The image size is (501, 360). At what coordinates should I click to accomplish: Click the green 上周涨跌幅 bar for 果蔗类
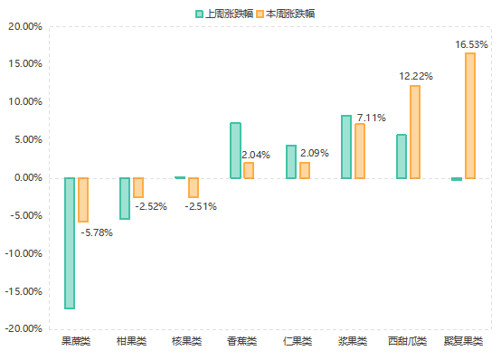(69, 242)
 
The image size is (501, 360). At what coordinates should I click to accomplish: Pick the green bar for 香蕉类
(235, 150)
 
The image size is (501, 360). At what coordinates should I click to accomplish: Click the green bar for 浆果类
(346, 147)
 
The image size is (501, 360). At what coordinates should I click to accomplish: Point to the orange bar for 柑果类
(138, 187)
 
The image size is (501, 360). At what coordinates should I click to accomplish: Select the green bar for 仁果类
(291, 161)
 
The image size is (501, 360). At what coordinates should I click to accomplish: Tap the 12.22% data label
(416, 77)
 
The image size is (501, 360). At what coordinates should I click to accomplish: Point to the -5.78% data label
(97, 233)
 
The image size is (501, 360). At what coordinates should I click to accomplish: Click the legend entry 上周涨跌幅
(223, 14)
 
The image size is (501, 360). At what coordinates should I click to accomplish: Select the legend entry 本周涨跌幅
(286, 14)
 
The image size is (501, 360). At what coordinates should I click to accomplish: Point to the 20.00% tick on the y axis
(25, 26)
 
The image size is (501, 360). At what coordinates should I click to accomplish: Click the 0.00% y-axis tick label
(27, 178)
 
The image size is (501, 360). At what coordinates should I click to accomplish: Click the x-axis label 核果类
(186, 341)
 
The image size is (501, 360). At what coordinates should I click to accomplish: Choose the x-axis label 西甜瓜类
(408, 341)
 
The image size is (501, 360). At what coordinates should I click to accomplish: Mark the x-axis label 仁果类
(298, 341)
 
